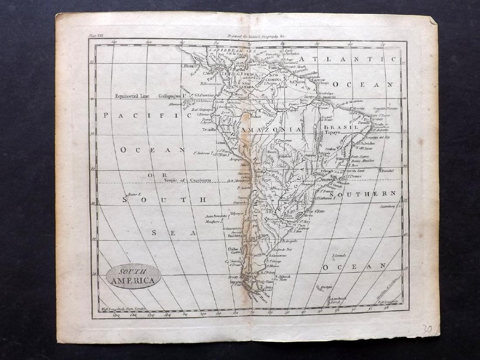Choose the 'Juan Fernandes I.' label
pyautogui.click(x=217, y=216)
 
